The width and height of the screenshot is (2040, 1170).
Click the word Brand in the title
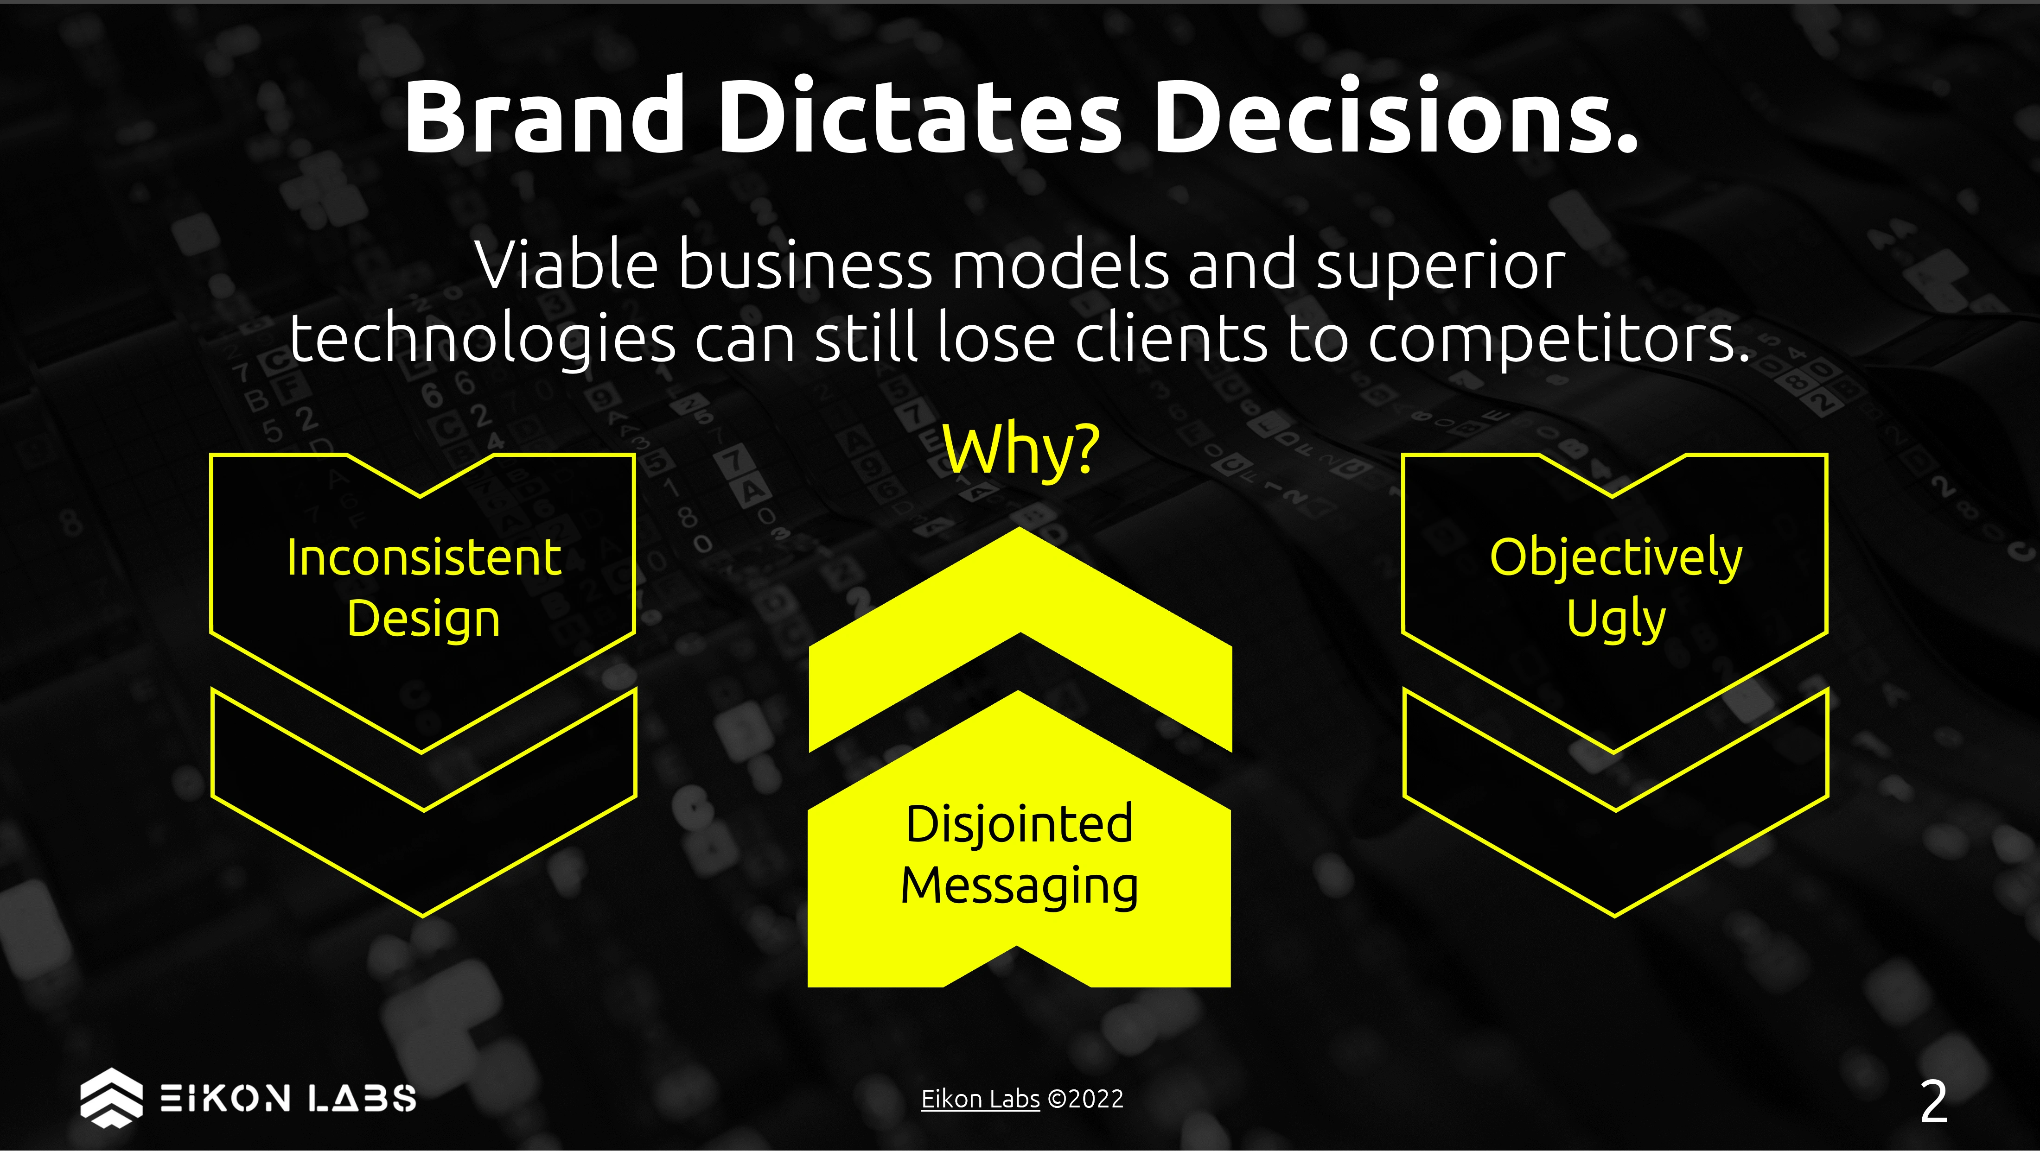tap(544, 116)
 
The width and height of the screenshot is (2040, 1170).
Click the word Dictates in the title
tap(919, 116)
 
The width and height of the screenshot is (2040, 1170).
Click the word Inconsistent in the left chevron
tap(424, 558)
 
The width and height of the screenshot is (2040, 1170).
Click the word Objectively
tap(1616, 558)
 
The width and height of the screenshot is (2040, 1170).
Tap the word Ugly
tap(1616, 620)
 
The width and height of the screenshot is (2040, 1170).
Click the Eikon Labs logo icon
tap(112, 1098)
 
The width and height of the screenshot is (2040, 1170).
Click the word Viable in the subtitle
tap(567, 265)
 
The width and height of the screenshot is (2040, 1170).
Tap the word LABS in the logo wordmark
tap(363, 1098)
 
